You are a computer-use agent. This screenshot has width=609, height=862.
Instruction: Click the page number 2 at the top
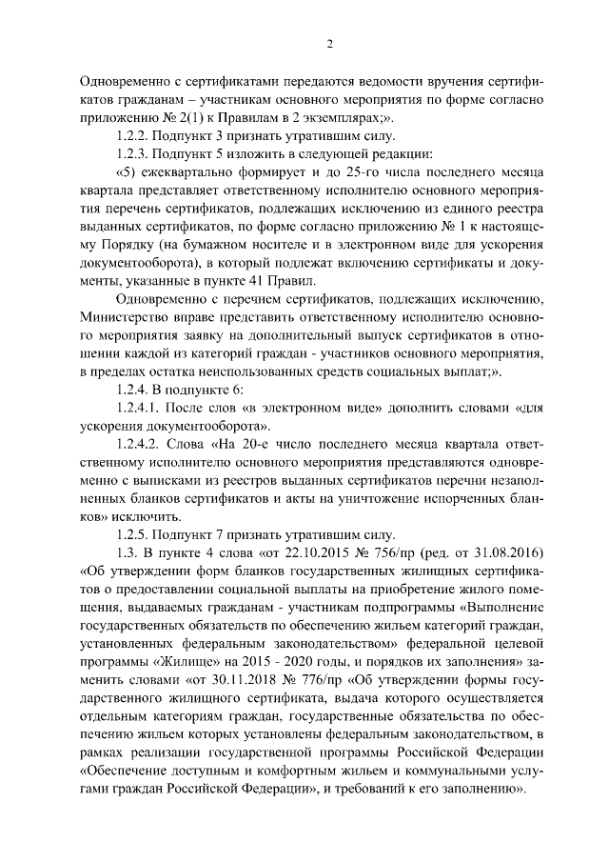pyautogui.click(x=329, y=41)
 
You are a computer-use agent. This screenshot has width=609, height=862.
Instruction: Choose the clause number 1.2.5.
pyautogui.click(x=133, y=534)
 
